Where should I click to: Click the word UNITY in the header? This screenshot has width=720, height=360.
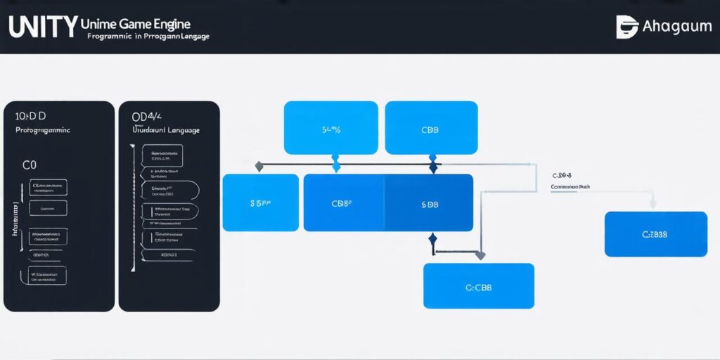coord(42,27)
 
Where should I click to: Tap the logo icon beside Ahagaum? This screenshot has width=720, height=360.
coord(626,27)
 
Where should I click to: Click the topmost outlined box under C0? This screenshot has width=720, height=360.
coord(48,188)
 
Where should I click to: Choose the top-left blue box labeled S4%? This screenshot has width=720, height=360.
coord(330,128)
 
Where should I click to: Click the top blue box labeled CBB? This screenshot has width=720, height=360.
coord(431,128)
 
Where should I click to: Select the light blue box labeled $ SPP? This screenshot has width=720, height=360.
coord(260,203)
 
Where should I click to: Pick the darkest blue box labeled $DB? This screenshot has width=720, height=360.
coord(428,203)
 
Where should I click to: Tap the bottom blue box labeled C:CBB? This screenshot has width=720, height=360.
coord(478,286)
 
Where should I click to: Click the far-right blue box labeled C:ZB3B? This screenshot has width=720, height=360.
coord(655,234)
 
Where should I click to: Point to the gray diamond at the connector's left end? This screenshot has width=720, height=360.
coord(259,167)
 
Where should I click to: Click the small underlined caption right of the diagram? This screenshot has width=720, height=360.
coord(570,188)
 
